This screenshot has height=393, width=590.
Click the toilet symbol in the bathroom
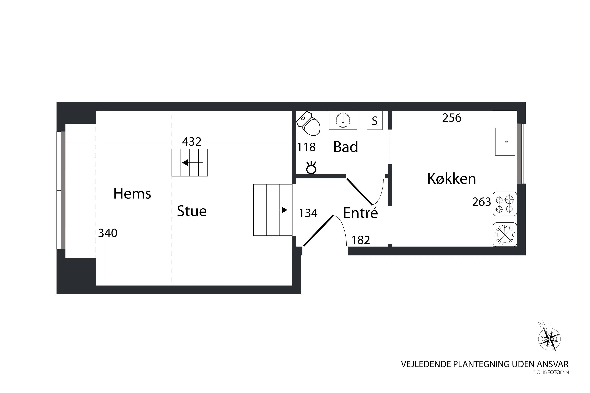coord(309,124)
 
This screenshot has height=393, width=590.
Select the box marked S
coord(374,121)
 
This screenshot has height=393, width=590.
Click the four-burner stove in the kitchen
coord(504,204)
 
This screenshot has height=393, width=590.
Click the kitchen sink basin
coord(505,142)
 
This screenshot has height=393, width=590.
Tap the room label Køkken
coord(451,179)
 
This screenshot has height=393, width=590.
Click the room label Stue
coord(192,211)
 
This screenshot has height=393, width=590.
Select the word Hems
coord(132,194)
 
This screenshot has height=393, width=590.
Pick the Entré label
coord(360,213)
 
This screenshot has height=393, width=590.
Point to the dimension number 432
coord(192,142)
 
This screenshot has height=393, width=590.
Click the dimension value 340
coord(108,233)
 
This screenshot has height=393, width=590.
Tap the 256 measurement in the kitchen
coord(452,118)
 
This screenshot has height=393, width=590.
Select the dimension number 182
coord(360,240)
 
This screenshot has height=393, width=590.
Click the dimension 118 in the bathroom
coord(306,147)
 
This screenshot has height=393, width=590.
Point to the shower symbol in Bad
coord(311,168)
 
